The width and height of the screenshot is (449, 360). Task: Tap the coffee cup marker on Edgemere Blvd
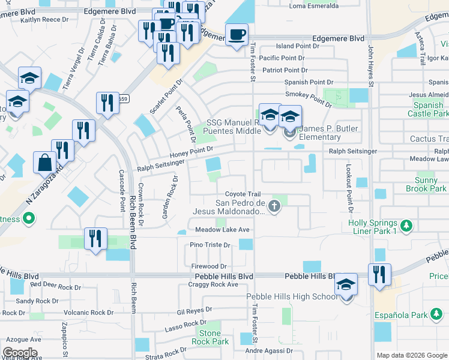click(237, 34)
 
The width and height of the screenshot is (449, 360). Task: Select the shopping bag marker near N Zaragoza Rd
click(45, 162)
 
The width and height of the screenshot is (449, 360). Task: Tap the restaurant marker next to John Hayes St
click(379, 274)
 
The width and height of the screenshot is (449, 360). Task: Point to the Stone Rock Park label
click(210, 337)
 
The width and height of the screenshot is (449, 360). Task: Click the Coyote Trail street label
click(243, 194)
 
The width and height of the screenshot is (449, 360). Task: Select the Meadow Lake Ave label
click(219, 230)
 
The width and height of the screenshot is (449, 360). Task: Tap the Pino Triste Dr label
click(210, 245)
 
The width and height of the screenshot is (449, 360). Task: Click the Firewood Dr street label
click(209, 266)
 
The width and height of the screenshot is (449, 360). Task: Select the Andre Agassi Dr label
click(269, 351)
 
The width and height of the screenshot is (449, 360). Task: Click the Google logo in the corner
click(20, 353)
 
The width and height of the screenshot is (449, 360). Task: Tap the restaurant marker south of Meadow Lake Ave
click(95, 238)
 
